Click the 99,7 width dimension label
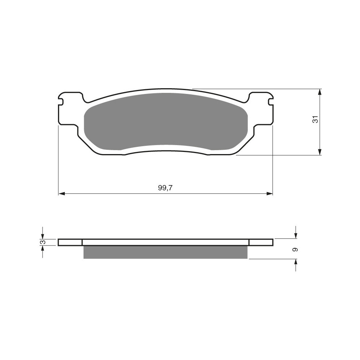tap(165, 188)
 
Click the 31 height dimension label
tap(315, 119)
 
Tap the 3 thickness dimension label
tap(42, 242)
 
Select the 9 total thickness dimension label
tap(295, 249)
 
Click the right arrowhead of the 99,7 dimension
tap(270, 194)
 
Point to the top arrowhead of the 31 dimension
tap(320, 92)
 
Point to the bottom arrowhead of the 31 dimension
tap(320, 152)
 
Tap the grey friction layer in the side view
tap(166, 252)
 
